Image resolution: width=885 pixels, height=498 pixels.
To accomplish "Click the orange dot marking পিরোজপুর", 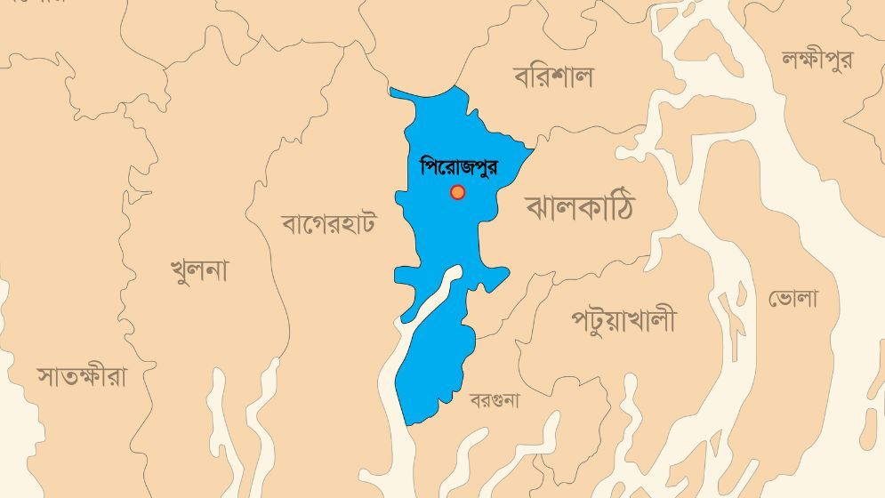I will [457, 192].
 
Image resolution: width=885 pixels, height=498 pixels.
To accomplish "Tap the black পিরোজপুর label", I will [458, 166].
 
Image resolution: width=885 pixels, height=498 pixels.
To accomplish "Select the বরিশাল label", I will [552, 77].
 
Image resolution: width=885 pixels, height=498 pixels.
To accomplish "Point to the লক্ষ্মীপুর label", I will [817, 60].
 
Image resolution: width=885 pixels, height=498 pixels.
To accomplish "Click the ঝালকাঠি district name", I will [580, 206].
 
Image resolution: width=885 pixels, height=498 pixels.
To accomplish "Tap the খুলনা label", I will [198, 269].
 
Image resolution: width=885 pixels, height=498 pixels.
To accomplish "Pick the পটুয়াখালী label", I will [623, 319].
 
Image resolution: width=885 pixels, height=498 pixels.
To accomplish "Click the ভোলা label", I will [792, 299].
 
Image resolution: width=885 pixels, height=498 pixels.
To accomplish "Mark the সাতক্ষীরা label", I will [82, 375].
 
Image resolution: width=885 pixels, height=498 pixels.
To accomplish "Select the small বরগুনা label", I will [495, 400].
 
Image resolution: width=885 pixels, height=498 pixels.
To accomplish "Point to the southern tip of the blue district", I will [406, 423].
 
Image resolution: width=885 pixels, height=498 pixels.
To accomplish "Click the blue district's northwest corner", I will [391, 90].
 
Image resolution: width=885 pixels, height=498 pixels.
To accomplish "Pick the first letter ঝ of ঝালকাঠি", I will [539, 207].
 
